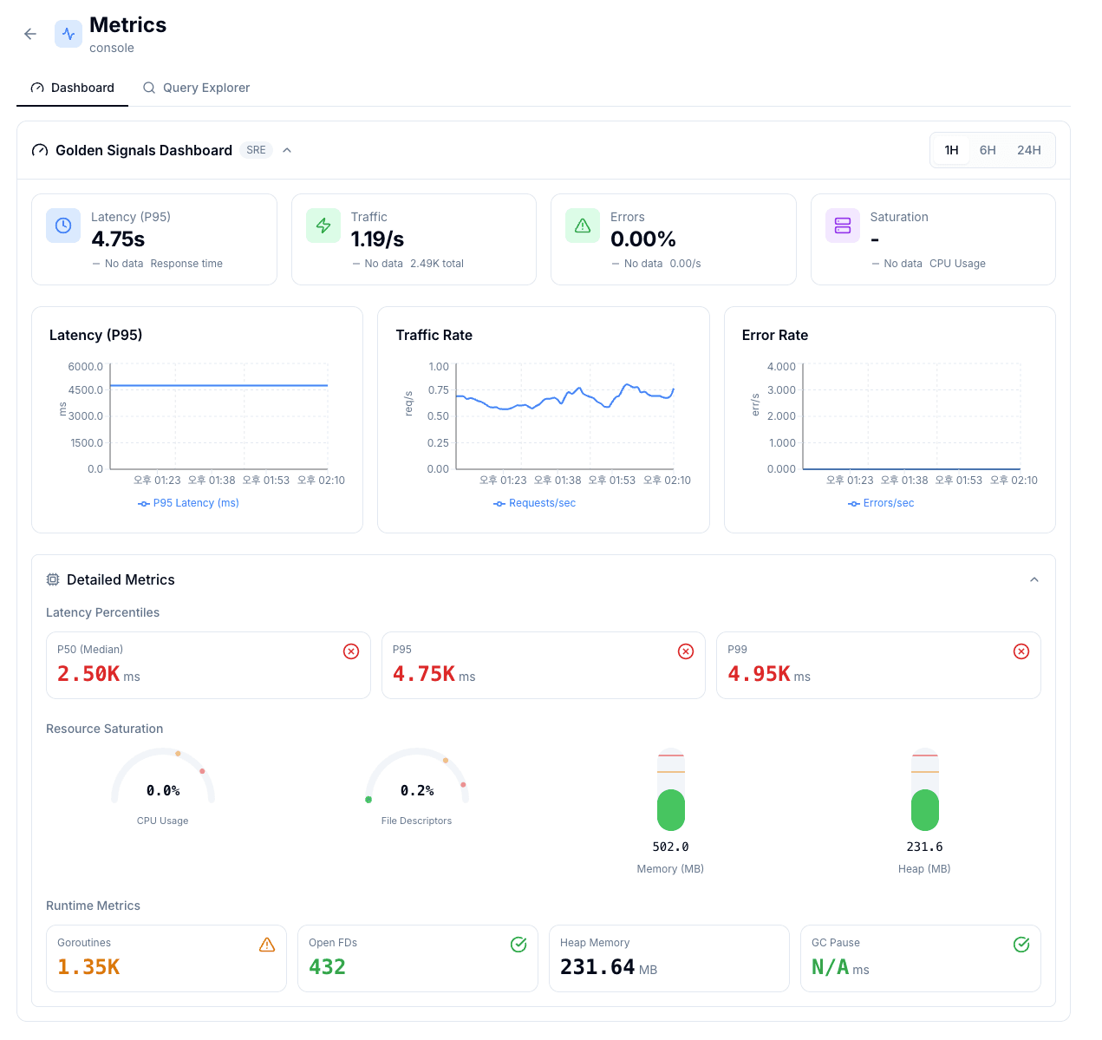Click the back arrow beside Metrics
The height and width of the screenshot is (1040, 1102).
point(30,34)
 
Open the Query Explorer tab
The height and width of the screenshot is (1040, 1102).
point(197,88)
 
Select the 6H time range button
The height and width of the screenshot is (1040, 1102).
point(988,150)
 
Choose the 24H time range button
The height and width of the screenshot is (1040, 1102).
point(1028,150)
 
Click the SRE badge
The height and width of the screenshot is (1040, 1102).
point(256,150)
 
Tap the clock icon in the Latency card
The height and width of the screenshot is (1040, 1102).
point(63,226)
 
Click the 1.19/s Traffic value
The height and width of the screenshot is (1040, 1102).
point(377,239)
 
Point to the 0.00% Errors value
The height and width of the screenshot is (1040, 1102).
point(642,239)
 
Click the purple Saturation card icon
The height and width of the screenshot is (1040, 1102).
point(842,226)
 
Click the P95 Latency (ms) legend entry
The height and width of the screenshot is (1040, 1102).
point(189,503)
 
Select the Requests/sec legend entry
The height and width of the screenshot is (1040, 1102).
point(535,503)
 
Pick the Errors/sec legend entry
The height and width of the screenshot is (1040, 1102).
point(881,503)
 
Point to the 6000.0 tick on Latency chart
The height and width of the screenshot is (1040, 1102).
point(86,367)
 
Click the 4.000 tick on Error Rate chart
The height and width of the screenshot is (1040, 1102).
point(781,367)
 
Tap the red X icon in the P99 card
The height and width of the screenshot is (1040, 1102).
point(1021,651)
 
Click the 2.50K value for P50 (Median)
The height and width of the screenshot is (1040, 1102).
point(88,674)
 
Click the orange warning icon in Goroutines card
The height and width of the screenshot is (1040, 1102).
point(267,945)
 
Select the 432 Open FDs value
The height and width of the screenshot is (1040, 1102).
point(327,967)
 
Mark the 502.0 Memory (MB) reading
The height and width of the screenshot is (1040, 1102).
point(670,847)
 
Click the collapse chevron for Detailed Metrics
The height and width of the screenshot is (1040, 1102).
point(1034,579)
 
